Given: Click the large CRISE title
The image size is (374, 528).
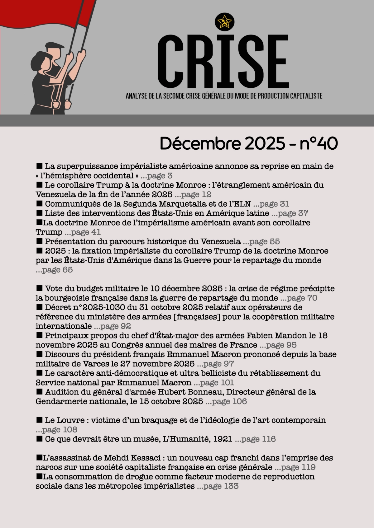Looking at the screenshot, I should (x=223, y=62).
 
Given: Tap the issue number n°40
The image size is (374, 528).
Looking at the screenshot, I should (x=319, y=143).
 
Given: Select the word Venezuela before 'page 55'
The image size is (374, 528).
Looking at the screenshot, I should (x=220, y=241).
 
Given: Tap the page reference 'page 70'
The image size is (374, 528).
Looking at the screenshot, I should (x=302, y=298).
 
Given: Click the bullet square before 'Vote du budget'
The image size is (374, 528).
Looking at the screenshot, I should (x=39, y=288).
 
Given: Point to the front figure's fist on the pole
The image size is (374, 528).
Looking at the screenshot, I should (x=56, y=104).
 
